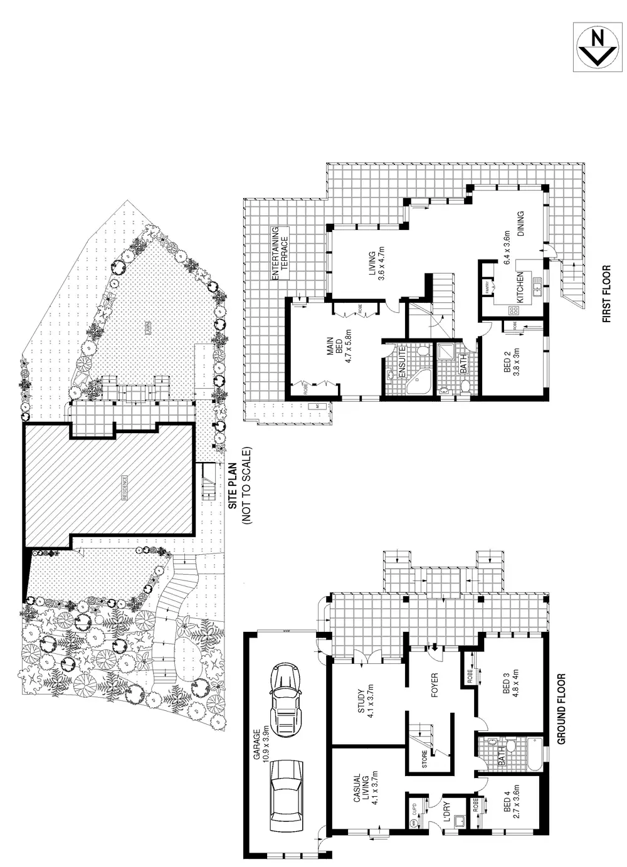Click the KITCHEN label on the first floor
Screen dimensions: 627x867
coord(520,288)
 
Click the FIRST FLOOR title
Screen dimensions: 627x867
coord(606,294)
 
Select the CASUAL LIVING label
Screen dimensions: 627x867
coord(361,789)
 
